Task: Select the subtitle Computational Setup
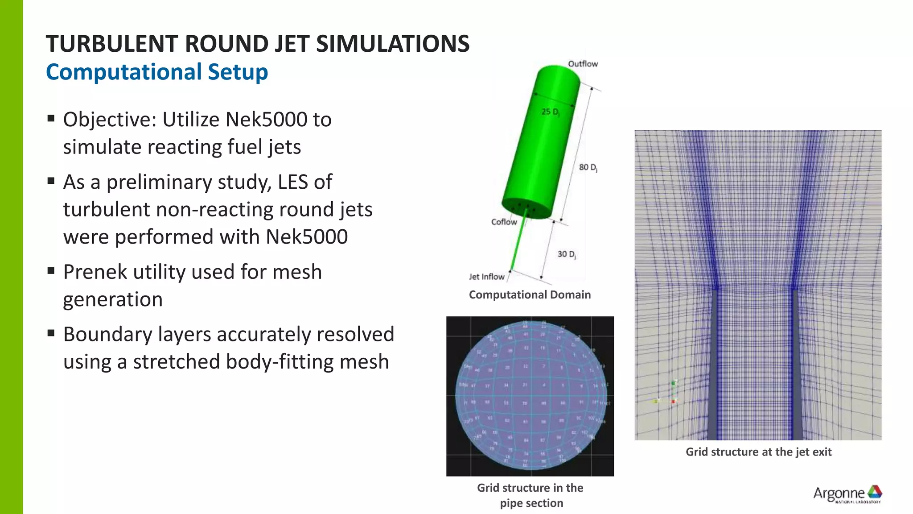point(157,72)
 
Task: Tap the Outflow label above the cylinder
point(582,64)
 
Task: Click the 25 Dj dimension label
point(550,112)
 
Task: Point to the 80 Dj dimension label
point(588,167)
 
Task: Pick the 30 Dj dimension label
point(566,254)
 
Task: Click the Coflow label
point(504,222)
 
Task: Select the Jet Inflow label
point(486,277)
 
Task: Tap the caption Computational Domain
point(530,295)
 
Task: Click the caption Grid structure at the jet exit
point(758,452)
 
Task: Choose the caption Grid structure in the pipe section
point(531,495)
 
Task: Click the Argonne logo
point(847,494)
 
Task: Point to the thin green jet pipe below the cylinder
point(519,243)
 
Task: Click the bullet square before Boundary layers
point(51,333)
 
